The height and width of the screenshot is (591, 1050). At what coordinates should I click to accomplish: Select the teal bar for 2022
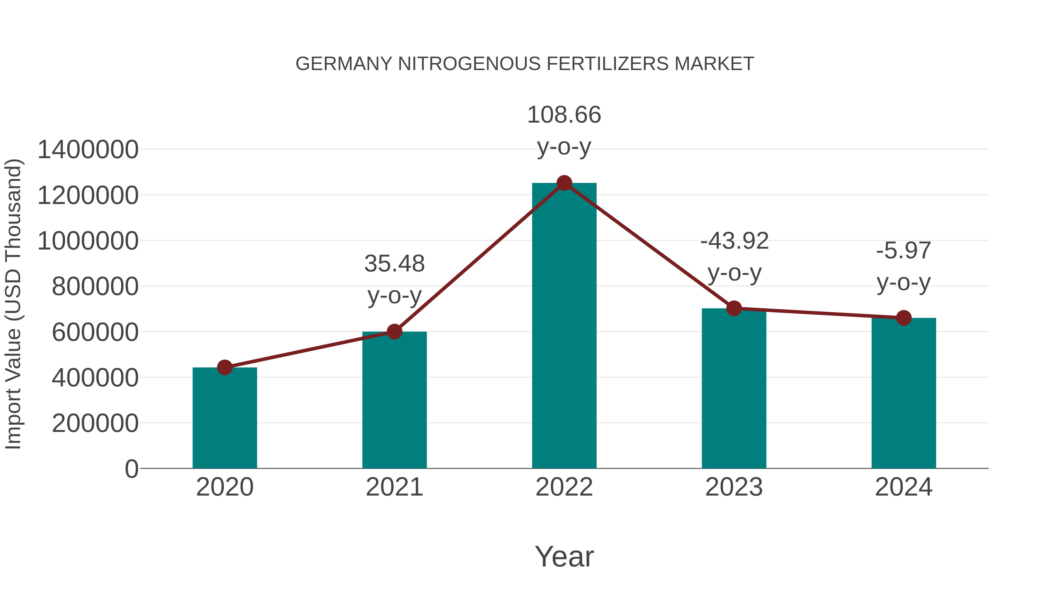tap(564, 326)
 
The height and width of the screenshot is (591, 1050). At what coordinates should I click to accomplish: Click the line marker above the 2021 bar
tap(394, 332)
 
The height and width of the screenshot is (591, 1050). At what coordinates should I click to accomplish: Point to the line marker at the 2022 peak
tap(564, 183)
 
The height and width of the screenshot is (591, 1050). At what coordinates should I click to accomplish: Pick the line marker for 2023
tap(734, 308)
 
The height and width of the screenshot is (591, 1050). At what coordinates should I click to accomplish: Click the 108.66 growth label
tap(564, 115)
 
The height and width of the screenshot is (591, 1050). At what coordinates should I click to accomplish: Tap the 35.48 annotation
tap(394, 264)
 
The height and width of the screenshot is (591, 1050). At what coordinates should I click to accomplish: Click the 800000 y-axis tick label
tap(95, 286)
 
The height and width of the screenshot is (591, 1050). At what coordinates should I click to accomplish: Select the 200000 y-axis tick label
tap(95, 423)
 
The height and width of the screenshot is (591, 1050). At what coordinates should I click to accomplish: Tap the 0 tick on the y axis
tap(131, 469)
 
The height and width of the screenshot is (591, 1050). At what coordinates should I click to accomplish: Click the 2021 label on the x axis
tap(394, 487)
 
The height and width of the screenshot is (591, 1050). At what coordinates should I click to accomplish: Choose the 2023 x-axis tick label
tap(734, 487)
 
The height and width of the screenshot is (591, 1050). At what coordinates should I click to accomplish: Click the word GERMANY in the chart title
tap(344, 64)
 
